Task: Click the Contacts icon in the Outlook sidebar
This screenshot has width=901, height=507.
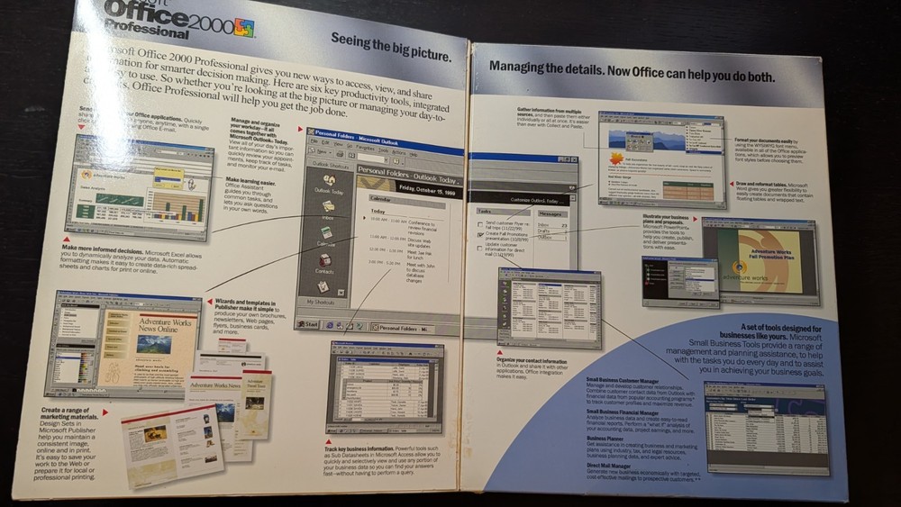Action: [x=324, y=264]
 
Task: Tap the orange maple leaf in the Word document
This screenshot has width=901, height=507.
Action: [x=616, y=158]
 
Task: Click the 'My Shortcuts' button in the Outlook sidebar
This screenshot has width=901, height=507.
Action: [x=325, y=302]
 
